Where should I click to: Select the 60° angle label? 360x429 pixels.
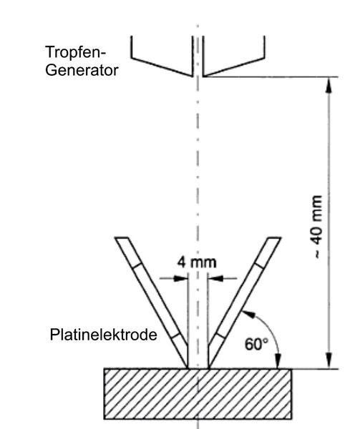pos(256,344)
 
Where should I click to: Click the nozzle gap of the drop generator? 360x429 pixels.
pos(198,71)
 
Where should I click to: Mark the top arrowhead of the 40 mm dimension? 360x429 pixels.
pos(329,84)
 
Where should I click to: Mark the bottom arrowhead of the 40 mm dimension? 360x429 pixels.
pos(329,362)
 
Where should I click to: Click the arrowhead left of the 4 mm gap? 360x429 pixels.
pos(182,280)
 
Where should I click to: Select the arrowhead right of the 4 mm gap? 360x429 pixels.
pos(213,280)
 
